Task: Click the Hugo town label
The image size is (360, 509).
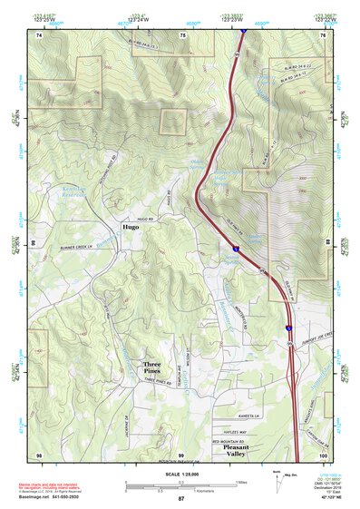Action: click(132, 228)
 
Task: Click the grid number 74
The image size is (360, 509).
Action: click(39, 34)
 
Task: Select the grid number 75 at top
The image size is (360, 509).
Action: click(182, 34)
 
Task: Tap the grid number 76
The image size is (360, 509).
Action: click(324, 34)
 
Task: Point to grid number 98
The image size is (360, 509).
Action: click(39, 455)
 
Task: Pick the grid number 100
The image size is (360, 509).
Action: click(324, 455)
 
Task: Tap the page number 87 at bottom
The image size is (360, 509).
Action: click(181, 498)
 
